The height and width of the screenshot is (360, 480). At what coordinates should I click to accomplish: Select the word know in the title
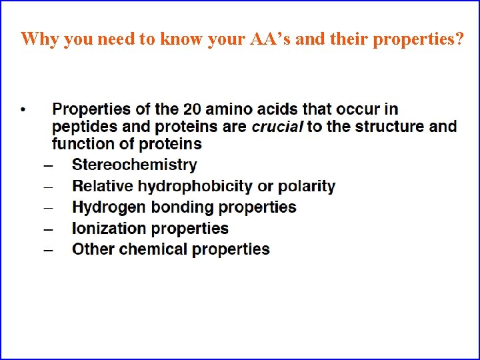point(175,39)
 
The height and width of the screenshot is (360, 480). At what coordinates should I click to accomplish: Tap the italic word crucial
point(277,127)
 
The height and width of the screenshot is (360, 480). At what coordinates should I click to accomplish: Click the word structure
point(360,127)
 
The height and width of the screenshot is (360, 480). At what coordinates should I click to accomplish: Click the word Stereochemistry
point(134,165)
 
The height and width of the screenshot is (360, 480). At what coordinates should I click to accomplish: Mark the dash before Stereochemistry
point(48,165)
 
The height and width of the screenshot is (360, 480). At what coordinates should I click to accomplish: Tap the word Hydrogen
point(109,207)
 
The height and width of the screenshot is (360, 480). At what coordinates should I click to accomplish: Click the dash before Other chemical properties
point(48,250)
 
